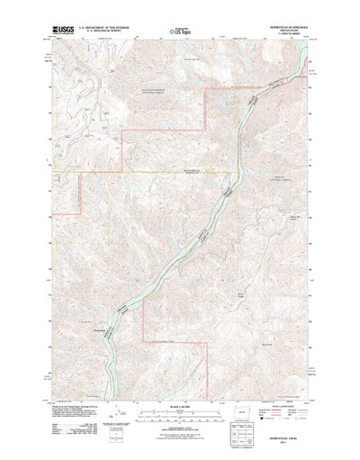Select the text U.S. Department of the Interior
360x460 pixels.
click(x=105, y=28)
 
